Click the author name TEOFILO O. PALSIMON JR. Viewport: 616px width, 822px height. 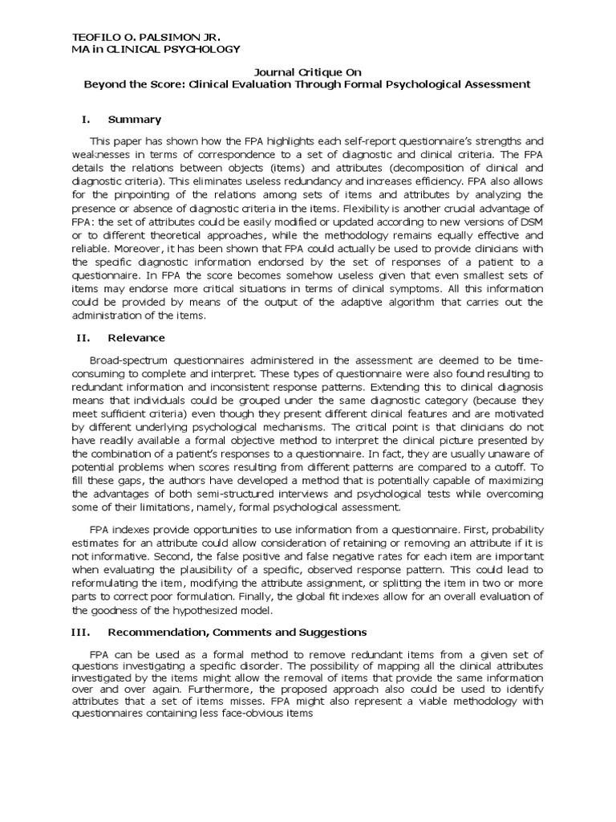[146, 37]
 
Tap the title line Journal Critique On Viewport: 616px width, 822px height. [307, 71]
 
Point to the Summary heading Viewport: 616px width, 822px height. [134, 120]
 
